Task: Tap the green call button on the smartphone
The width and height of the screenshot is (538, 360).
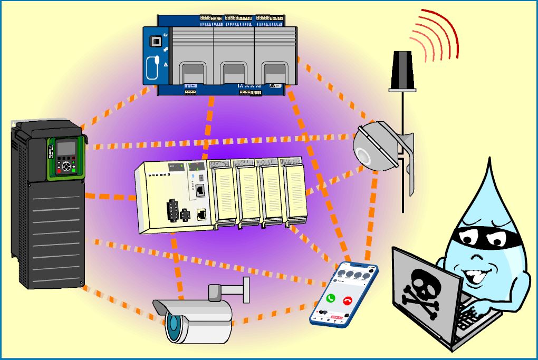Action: click(331, 298)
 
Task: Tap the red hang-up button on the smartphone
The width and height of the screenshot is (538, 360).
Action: click(348, 301)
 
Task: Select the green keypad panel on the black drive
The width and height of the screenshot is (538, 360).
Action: click(66, 158)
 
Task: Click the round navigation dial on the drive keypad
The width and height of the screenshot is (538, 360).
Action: click(66, 166)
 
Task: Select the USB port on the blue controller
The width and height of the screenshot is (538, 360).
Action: click(156, 40)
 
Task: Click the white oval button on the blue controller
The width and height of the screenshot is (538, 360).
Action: click(152, 65)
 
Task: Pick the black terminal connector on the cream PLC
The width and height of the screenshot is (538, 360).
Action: click(173, 211)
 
